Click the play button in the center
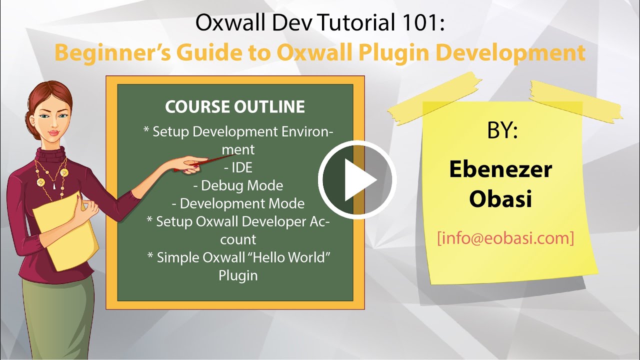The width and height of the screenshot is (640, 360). [357, 179]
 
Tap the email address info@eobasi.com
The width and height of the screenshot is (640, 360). [505, 238]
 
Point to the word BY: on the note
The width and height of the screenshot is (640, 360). [502, 131]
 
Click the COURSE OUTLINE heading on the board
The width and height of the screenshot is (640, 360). [235, 106]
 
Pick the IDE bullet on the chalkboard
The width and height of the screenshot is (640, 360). [238, 167]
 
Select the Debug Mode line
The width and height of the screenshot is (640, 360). [238, 185]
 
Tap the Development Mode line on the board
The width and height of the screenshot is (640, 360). [238, 203]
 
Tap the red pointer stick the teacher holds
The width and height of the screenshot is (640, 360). [210, 162]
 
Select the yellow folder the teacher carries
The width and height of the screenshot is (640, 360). [65, 230]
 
